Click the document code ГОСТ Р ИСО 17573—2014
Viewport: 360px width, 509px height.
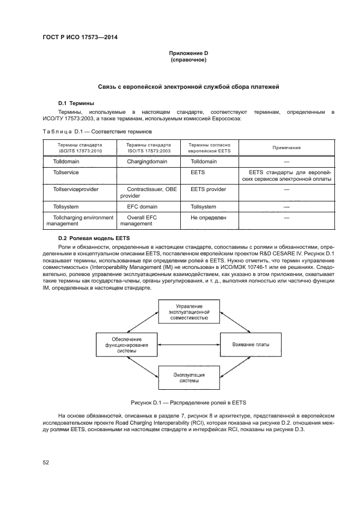(80, 38)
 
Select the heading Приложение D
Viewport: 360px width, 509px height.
(188, 53)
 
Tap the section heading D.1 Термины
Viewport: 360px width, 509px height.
(76, 103)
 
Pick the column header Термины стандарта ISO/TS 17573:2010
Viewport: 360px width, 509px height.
(80, 148)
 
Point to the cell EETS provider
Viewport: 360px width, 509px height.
(208, 189)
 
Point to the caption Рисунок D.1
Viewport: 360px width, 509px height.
(188, 403)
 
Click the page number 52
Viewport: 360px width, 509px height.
(46, 463)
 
